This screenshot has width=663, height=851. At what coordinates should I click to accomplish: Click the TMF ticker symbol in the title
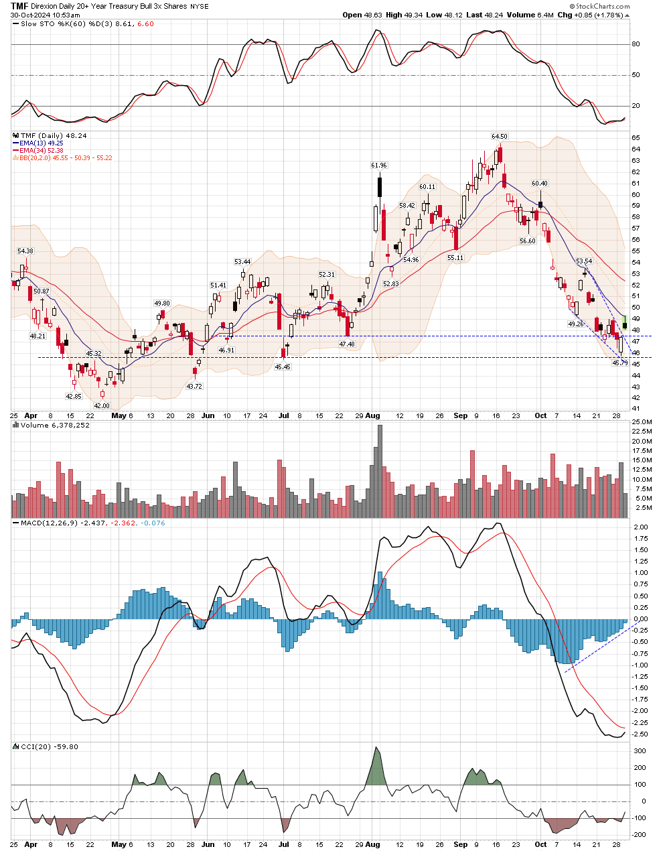pyautogui.click(x=19, y=6)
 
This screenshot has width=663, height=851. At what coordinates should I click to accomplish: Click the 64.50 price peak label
pyautogui.click(x=500, y=137)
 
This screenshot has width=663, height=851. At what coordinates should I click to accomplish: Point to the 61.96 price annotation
pyautogui.click(x=378, y=165)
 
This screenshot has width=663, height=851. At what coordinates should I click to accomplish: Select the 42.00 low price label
pyautogui.click(x=101, y=405)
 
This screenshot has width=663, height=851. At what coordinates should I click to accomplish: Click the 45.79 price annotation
pyautogui.click(x=620, y=363)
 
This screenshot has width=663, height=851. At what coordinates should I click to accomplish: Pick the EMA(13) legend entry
pyautogui.click(x=41, y=143)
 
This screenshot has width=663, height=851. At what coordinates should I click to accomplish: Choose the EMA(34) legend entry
pyautogui.click(x=41, y=151)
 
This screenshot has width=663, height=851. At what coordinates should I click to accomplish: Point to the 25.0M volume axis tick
pyautogui.click(x=642, y=421)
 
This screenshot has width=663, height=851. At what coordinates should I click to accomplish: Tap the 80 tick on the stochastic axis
pyautogui.click(x=636, y=44)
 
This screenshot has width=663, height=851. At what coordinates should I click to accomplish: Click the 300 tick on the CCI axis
pyautogui.click(x=641, y=751)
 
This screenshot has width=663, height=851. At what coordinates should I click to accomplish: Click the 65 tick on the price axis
pyautogui.click(x=636, y=137)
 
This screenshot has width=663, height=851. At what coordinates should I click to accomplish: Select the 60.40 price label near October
pyautogui.click(x=539, y=183)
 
